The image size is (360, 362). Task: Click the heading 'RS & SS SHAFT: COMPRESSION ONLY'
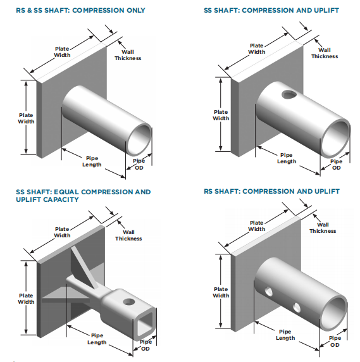(80, 10)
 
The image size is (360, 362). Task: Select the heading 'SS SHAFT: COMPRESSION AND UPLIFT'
(271, 10)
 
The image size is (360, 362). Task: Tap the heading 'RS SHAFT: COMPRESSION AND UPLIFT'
(271, 191)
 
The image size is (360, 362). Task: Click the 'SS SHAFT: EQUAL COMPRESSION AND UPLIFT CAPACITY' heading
(84, 196)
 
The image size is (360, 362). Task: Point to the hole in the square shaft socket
(129, 301)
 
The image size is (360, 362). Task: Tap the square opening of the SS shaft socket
(145, 324)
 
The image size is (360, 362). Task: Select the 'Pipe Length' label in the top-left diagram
(92, 161)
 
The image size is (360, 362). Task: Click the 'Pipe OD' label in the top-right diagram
(336, 165)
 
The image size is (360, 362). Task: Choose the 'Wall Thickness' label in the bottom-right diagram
(323, 228)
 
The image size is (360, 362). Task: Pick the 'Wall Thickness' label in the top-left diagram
(128, 55)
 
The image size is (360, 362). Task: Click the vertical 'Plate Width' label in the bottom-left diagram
(26, 299)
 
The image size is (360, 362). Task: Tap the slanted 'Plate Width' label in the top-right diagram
(257, 49)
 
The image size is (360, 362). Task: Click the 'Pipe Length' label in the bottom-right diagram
(285, 335)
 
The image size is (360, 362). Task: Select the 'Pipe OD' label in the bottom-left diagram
(146, 346)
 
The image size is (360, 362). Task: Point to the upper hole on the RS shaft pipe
(268, 291)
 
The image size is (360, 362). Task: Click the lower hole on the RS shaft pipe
(297, 308)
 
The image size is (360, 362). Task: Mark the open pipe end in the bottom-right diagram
(334, 313)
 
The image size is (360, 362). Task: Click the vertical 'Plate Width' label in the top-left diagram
(26, 118)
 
